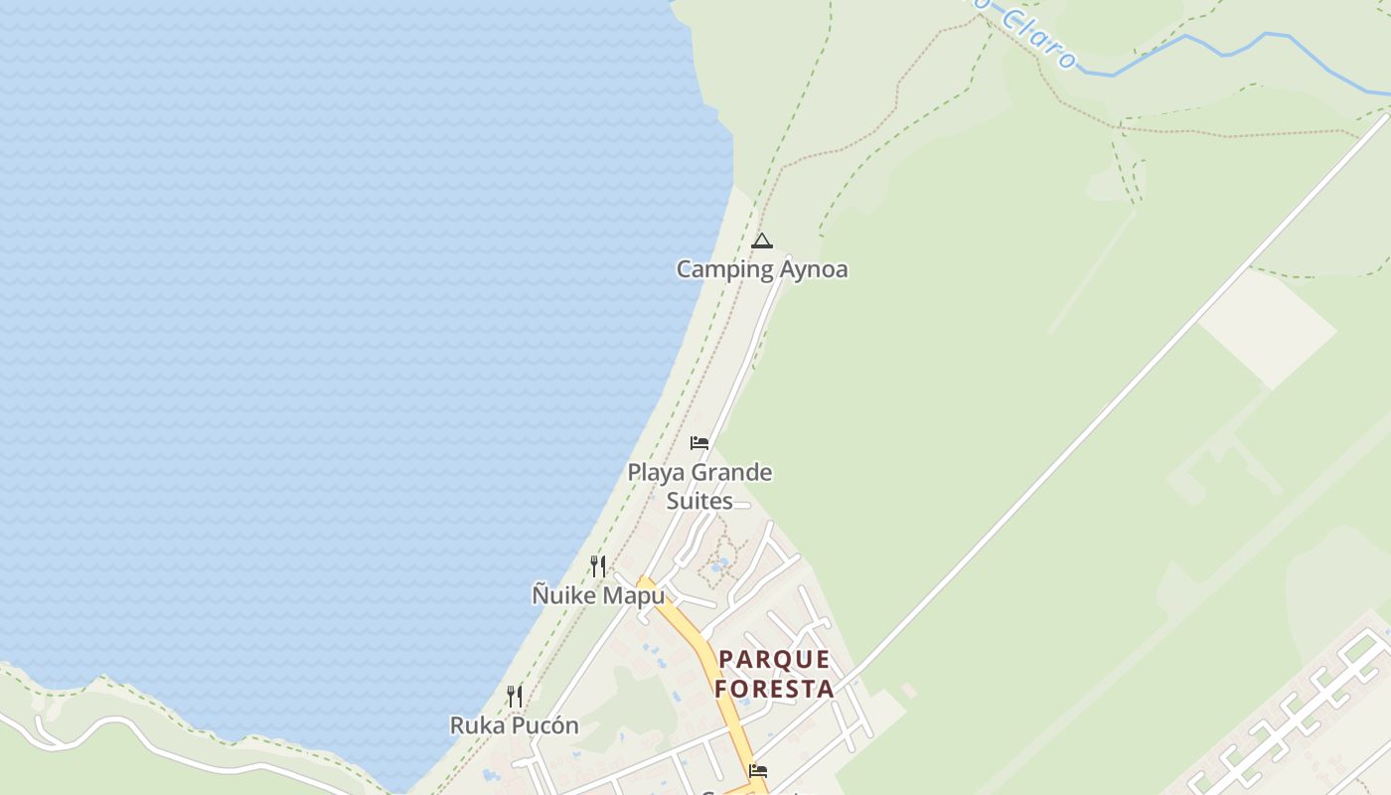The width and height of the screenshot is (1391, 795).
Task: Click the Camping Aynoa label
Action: (x=762, y=269)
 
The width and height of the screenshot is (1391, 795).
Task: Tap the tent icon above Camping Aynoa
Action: (x=762, y=240)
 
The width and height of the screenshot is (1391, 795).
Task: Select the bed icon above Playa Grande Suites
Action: (x=699, y=442)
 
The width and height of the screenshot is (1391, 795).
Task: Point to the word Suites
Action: (x=699, y=501)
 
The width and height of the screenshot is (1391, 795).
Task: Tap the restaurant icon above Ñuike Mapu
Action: (x=598, y=566)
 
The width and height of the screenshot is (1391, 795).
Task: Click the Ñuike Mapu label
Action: (x=598, y=595)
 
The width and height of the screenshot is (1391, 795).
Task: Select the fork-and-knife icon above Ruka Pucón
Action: (x=515, y=696)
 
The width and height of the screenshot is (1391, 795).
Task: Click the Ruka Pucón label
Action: (x=515, y=725)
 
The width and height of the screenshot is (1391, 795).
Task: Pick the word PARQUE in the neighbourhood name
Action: (x=774, y=660)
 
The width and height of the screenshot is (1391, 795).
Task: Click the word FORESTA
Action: (x=774, y=688)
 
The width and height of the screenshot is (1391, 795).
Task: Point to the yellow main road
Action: (x=707, y=656)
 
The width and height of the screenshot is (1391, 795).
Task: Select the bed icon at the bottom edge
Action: (x=758, y=770)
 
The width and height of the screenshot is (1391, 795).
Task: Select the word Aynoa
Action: (x=813, y=269)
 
